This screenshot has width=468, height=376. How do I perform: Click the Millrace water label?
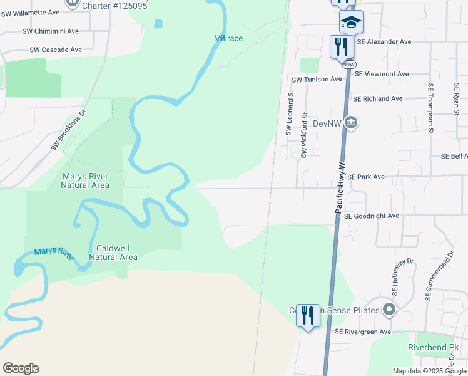click(x=228, y=38)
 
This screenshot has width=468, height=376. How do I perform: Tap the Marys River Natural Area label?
click(x=85, y=180)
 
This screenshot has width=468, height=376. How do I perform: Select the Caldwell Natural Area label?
click(x=113, y=253)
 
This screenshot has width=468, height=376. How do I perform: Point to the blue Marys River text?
click(x=54, y=251)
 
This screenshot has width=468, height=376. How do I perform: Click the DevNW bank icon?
click(x=351, y=123)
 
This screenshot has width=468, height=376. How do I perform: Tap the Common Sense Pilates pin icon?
click(x=390, y=310)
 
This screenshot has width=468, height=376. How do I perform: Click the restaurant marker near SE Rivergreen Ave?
click(x=308, y=315)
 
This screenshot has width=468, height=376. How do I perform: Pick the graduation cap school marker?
click(x=351, y=22)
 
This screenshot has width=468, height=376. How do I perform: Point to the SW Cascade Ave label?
click(x=56, y=50)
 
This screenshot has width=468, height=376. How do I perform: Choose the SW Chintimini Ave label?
click(x=51, y=31)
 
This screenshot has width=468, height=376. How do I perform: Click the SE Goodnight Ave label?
click(x=371, y=216)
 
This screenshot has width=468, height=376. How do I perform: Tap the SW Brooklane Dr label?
click(x=68, y=131)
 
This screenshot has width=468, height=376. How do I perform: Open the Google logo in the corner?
click(x=21, y=368)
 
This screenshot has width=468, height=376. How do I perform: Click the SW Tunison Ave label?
click(x=317, y=80)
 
